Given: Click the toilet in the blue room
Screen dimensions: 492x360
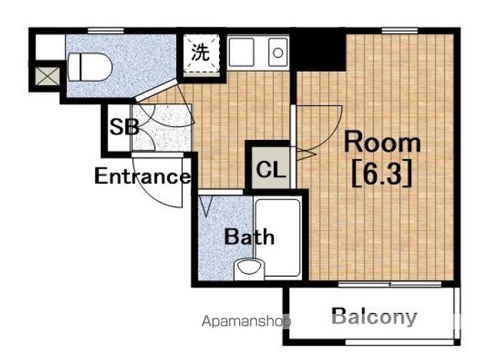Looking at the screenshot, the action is point(90,67).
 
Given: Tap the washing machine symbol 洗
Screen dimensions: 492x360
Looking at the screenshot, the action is point(201,52).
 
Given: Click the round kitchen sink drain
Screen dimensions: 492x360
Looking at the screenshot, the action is point(278,53).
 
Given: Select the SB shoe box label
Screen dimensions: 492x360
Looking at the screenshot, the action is point(125,127).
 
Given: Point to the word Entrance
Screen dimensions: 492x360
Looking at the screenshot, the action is point(142,176).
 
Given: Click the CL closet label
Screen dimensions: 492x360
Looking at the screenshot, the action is point(271,170).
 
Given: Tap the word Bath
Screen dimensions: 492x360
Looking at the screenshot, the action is point(249,237).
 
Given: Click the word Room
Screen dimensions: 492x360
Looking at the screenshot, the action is point(382,142).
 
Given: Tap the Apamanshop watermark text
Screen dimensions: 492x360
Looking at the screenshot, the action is point(246,322).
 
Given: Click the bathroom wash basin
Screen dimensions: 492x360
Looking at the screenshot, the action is point(249,268).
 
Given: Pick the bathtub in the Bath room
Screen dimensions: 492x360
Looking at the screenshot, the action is point(278,237).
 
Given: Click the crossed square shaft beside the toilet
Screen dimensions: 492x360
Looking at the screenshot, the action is point(47,76).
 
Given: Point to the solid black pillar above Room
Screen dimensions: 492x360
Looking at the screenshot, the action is point(320,49).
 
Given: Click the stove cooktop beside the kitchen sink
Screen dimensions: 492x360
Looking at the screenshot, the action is point(241,52).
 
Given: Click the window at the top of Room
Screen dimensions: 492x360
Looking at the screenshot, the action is point(400,31).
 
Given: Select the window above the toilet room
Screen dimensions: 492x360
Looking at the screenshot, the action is point(106,31).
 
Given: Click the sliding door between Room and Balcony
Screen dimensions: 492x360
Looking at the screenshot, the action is point(390,285).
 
